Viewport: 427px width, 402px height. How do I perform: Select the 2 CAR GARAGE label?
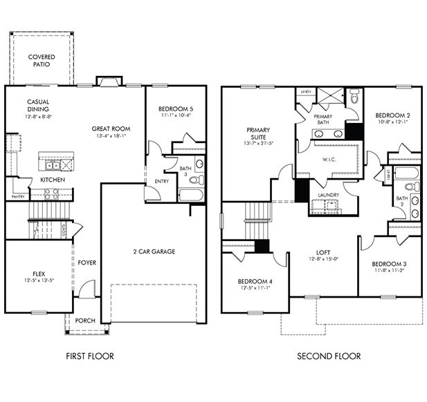click(154, 251)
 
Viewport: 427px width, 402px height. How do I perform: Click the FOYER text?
click(87, 262)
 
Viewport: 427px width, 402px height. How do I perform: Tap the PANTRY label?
click(18, 197)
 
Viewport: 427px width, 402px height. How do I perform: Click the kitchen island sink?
click(51, 166)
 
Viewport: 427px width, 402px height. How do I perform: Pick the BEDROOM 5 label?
click(171, 109)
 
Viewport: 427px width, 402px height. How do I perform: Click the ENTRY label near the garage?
click(161, 181)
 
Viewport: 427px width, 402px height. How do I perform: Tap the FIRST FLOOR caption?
click(89, 356)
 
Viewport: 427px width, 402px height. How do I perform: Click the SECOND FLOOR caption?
click(329, 356)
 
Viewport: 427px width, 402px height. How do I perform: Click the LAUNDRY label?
click(328, 195)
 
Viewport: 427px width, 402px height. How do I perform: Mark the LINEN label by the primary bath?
click(304, 91)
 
